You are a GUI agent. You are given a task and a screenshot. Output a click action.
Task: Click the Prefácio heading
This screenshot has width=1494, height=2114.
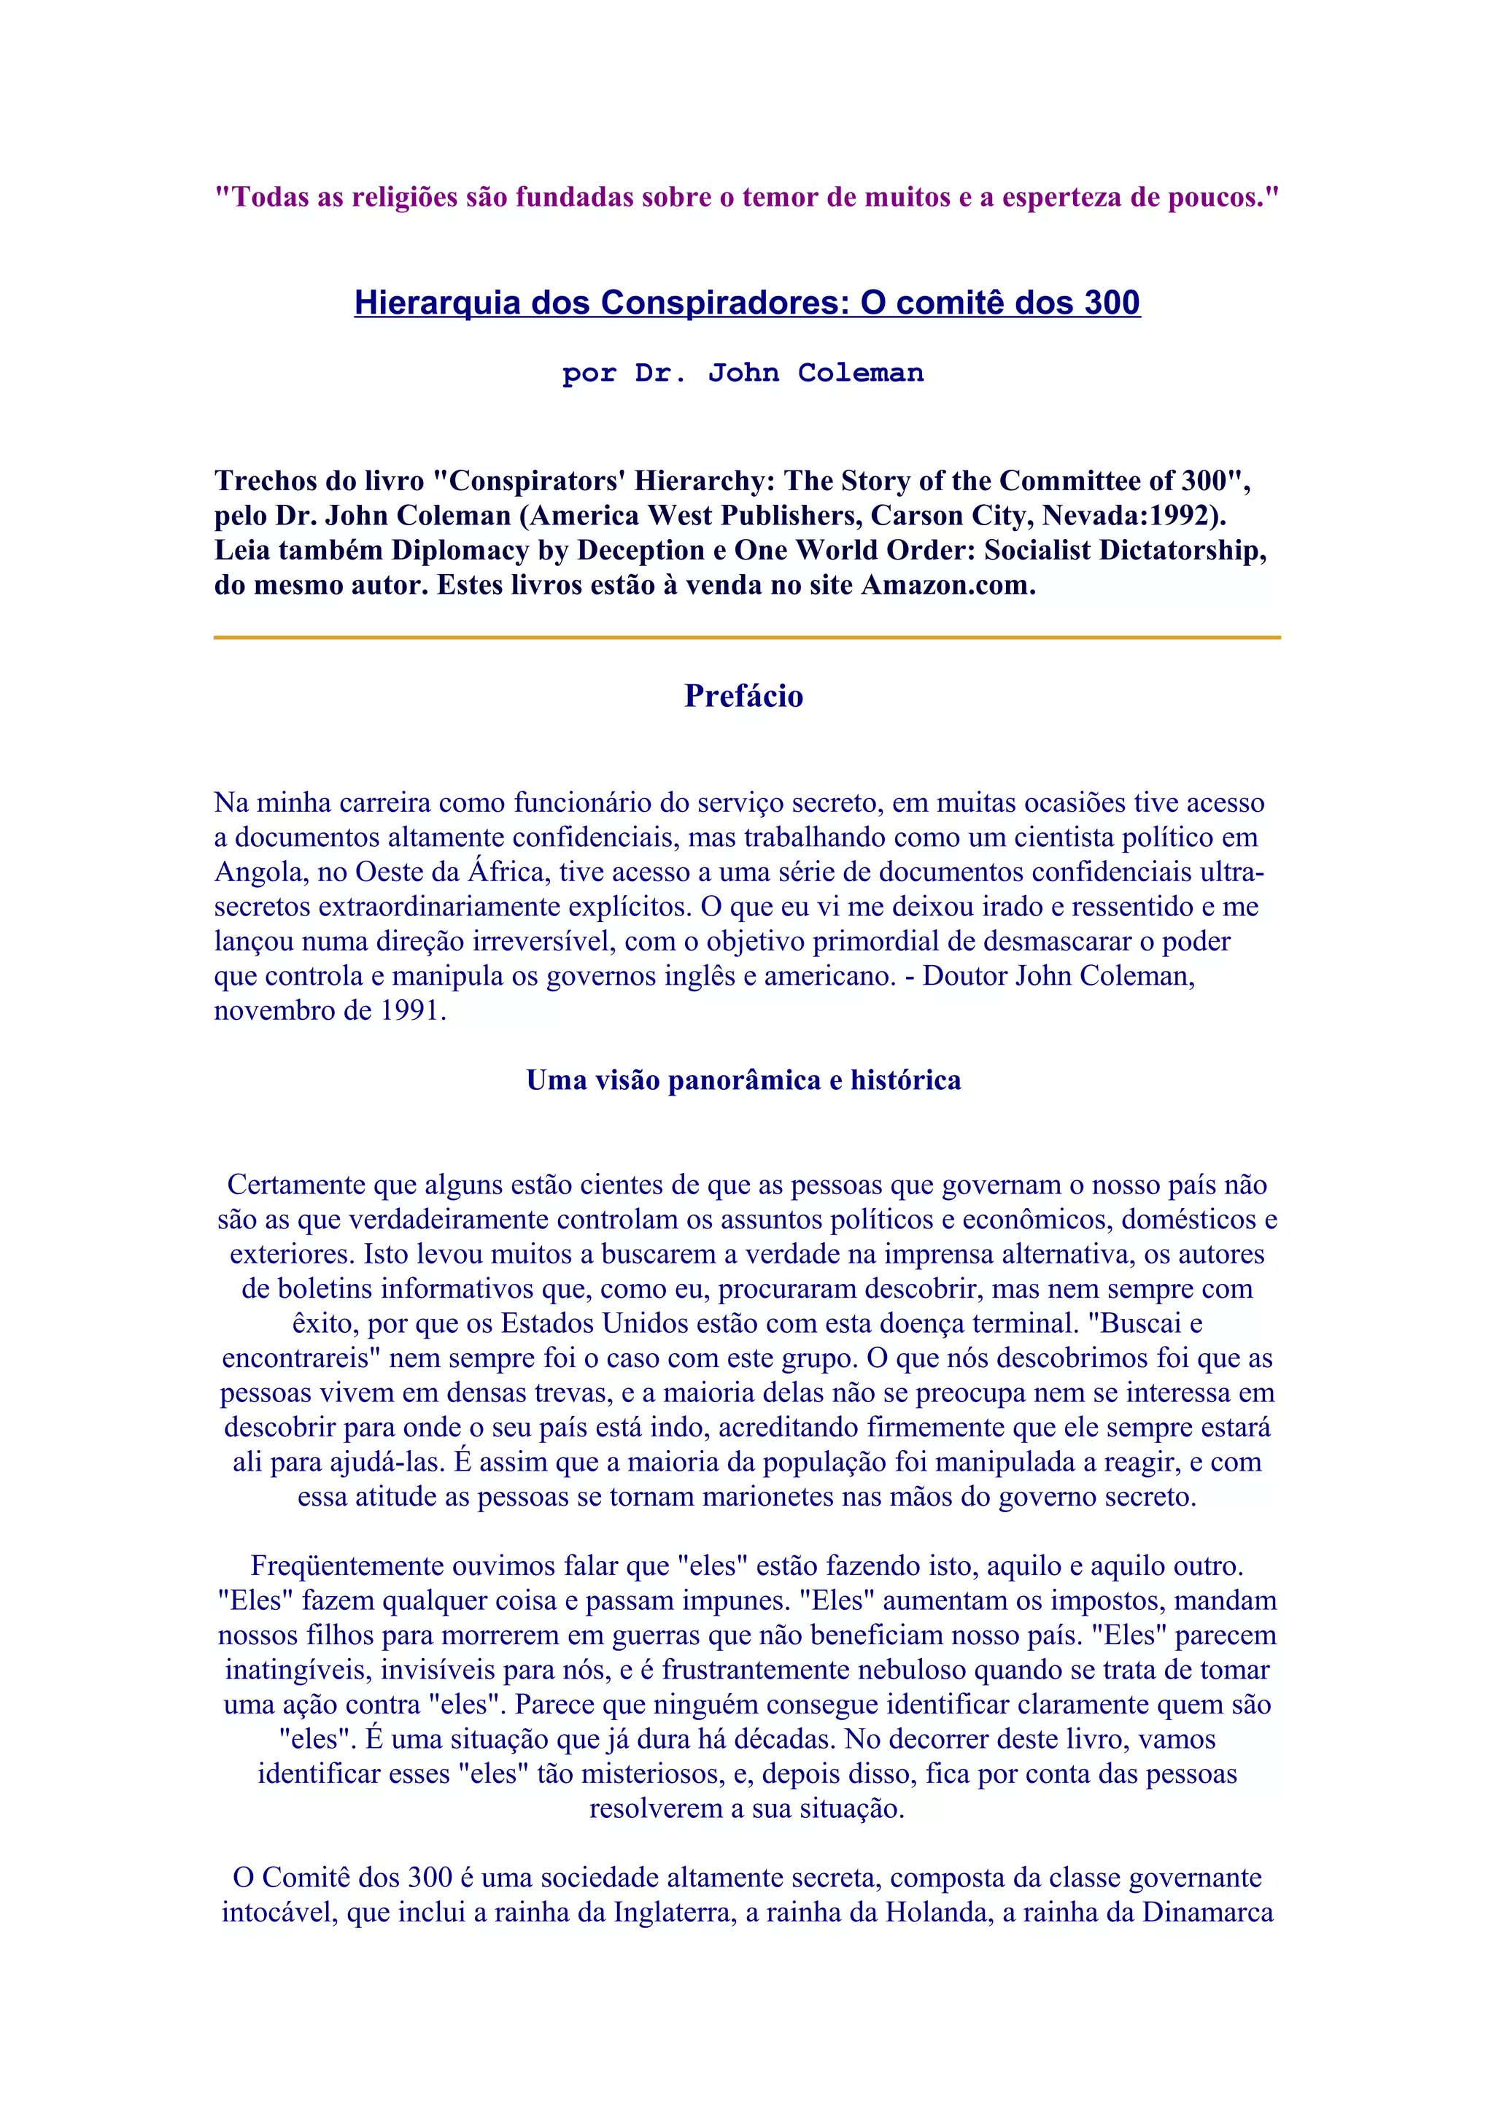coord(744,696)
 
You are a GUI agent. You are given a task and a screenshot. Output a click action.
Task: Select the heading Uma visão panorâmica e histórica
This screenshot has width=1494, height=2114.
coord(744,1080)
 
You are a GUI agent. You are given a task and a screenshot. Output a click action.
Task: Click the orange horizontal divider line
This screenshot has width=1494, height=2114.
coord(746,637)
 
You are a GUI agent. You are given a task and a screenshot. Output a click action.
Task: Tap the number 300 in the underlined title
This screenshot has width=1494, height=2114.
coord(1112,303)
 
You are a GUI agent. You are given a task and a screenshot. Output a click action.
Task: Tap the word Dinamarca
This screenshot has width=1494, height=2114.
coord(1208,1913)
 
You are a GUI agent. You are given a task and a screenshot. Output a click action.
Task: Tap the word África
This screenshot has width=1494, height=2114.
coord(509,872)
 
